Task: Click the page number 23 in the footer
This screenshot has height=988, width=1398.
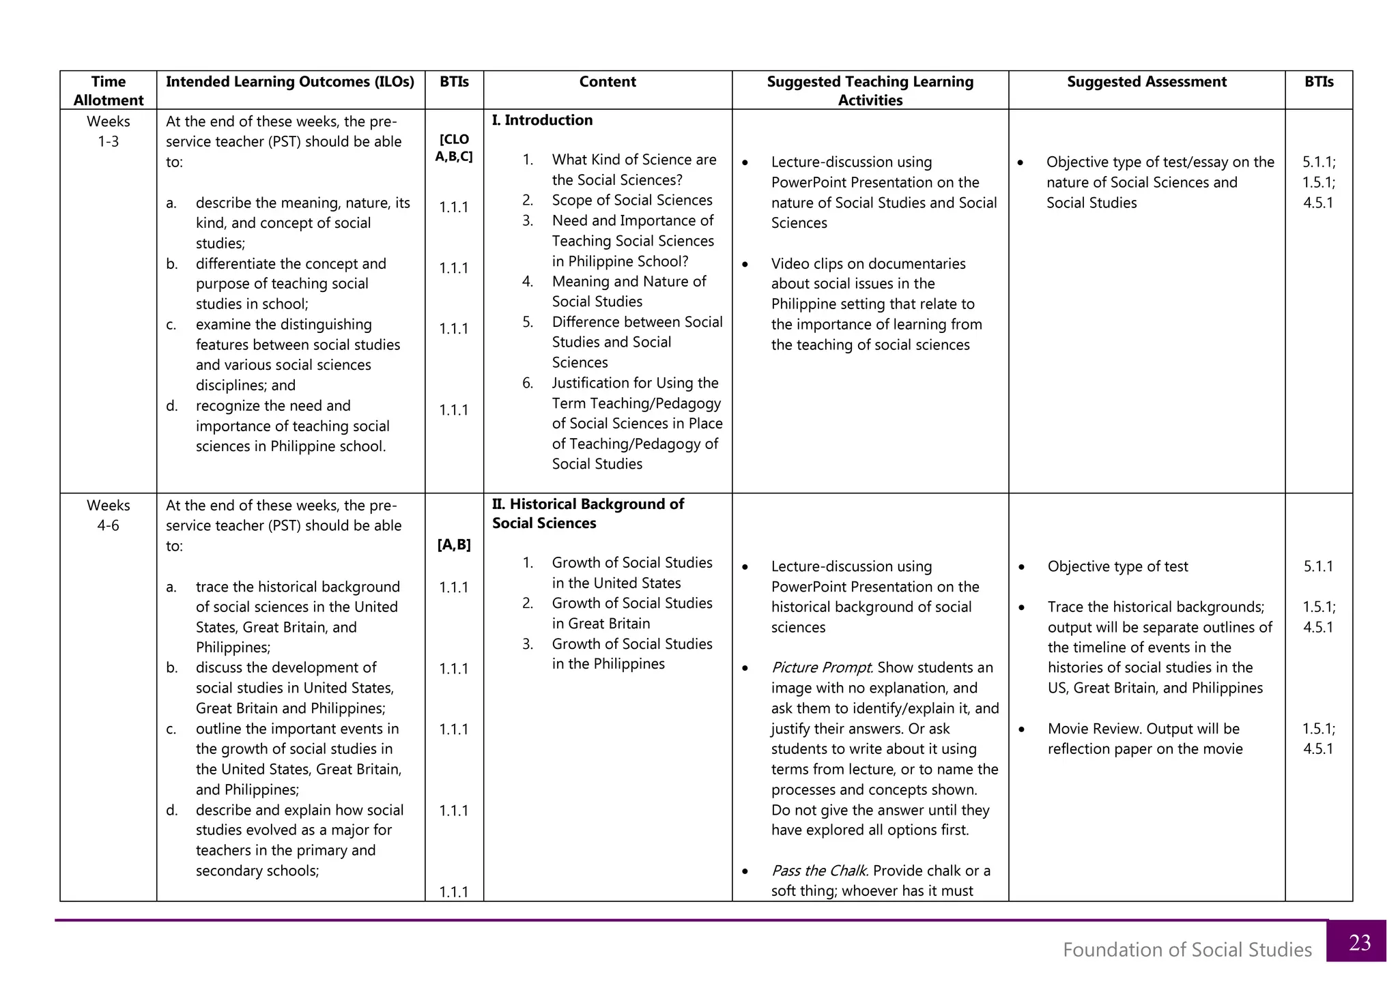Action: coord(1359,942)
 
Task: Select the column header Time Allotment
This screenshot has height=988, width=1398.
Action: coord(109,91)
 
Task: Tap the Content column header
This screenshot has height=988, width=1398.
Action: coord(608,82)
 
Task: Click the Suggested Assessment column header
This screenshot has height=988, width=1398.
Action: coord(1146,82)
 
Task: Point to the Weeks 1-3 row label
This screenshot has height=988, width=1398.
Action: coord(109,132)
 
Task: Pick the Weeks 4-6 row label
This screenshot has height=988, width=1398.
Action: coord(109,515)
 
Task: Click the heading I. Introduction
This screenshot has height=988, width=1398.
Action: coord(542,120)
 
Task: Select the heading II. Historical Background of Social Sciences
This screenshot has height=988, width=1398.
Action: coord(588,514)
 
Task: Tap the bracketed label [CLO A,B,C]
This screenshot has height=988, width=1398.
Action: coord(454,148)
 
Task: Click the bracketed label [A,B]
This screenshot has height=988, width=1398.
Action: coord(454,545)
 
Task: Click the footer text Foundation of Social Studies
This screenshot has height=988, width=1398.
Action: coord(1187,950)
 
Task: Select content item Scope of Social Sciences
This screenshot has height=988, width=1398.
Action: coord(632,200)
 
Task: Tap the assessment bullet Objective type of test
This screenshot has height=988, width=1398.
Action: coord(1117,566)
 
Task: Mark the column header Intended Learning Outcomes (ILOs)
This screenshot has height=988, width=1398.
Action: coord(290,82)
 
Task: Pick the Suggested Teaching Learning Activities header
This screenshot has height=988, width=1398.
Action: coord(870,91)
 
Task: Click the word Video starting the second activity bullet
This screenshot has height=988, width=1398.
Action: coord(791,263)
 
